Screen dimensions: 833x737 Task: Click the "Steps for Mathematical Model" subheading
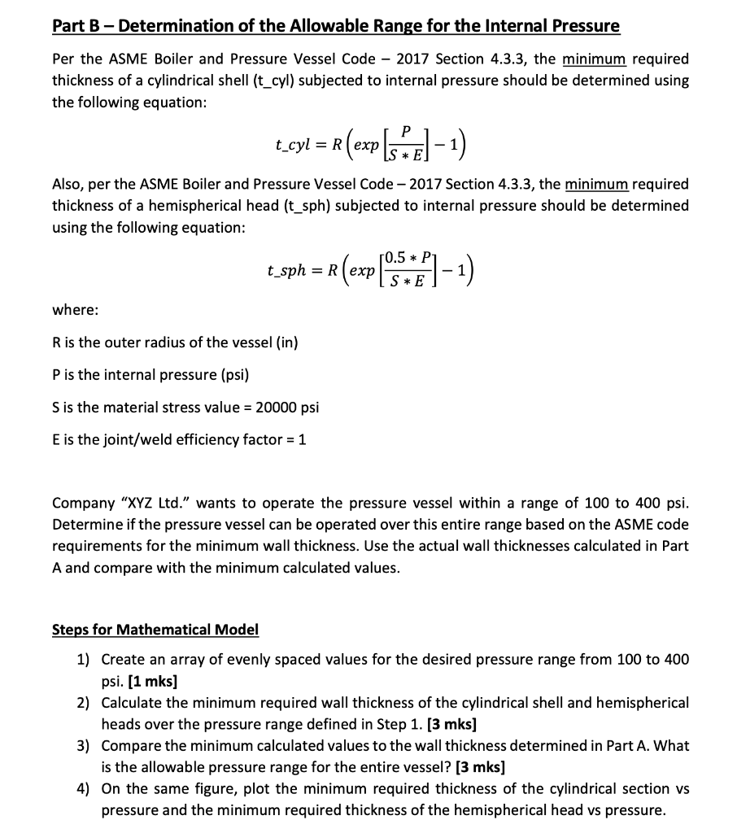pos(155,629)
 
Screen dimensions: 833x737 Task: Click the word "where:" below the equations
pos(72,309)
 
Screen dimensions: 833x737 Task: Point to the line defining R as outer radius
pos(175,342)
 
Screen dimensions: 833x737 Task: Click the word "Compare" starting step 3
pos(129,745)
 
